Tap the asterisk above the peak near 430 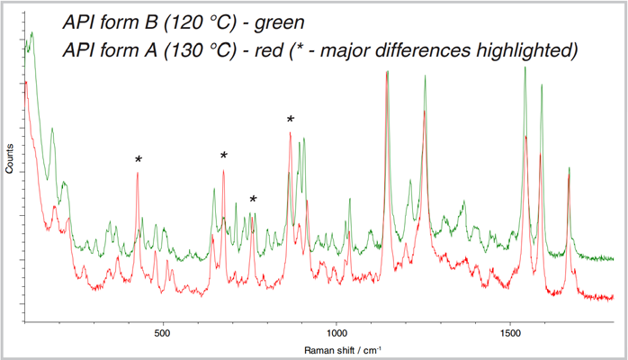tap(139, 159)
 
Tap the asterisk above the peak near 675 tap(224, 156)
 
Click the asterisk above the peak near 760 tap(254, 199)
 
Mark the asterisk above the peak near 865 tap(290, 119)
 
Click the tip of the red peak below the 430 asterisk tap(138, 173)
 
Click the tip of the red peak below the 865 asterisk tap(290, 133)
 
